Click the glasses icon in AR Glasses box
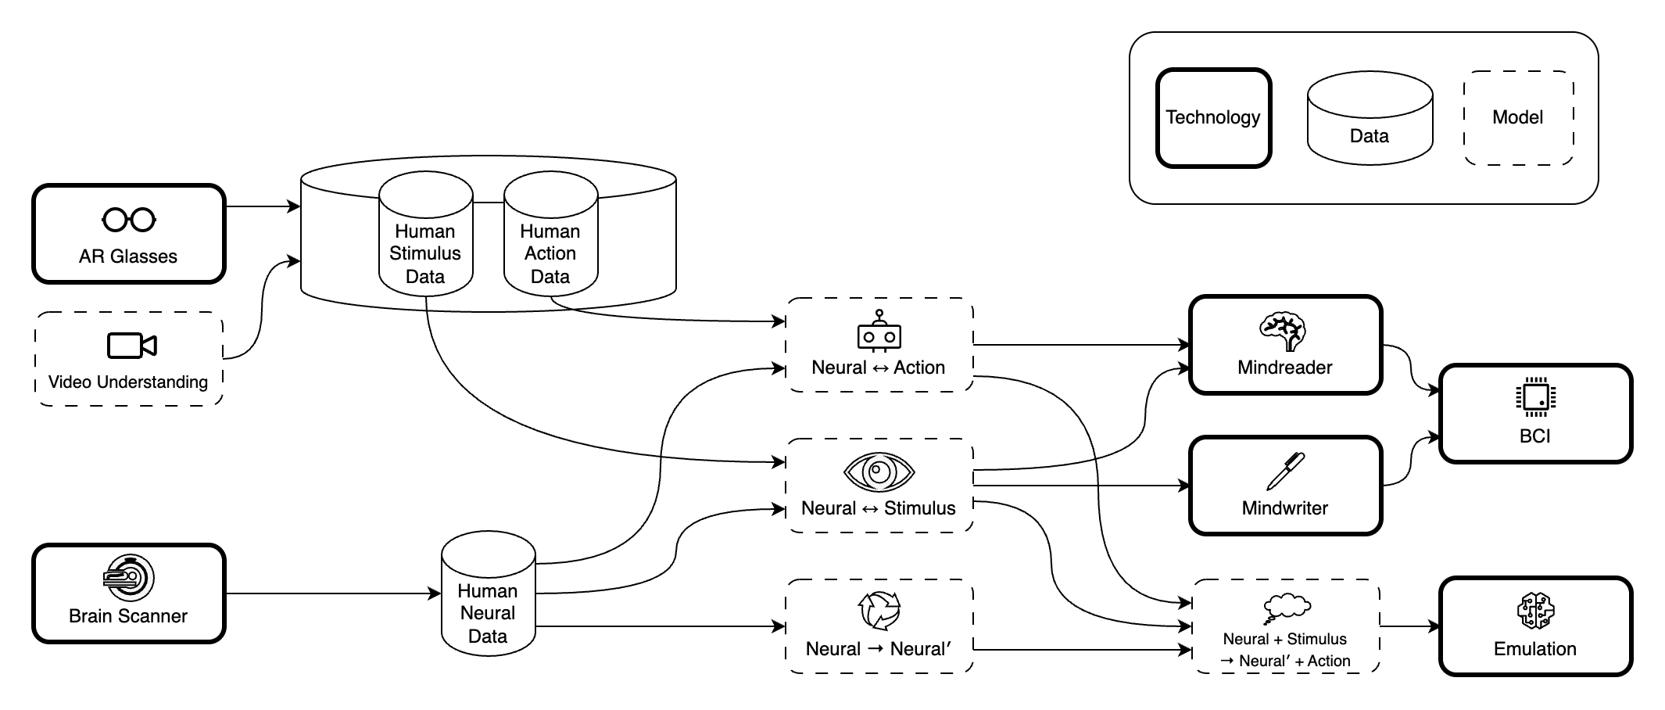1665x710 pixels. coord(129,220)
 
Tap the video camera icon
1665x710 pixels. coord(131,346)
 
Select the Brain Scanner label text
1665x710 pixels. coord(128,616)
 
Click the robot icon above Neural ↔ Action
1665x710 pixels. coord(879,331)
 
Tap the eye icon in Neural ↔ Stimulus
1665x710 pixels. coord(879,472)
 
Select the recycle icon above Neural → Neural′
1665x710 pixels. coord(879,611)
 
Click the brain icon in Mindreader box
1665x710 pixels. coord(1284,331)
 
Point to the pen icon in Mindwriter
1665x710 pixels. coord(1286,471)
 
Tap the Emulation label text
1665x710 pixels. coord(1535,649)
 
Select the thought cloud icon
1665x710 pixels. coord(1287,607)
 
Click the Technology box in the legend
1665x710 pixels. coord(1213,118)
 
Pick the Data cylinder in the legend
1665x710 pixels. coord(1370,119)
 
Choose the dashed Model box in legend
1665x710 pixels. coord(1518,118)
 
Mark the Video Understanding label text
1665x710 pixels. coord(128,382)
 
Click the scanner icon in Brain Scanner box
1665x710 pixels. coord(128,579)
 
